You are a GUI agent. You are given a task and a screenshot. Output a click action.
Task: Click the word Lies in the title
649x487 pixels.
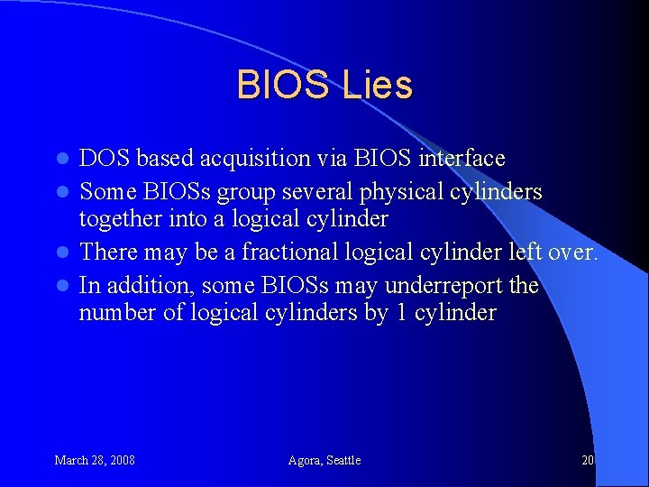[378, 85]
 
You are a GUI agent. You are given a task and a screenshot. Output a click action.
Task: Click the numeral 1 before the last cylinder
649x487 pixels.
[401, 313]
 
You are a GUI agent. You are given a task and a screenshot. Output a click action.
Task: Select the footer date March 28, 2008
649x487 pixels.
[95, 460]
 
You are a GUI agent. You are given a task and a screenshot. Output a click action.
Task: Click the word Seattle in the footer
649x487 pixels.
[343, 460]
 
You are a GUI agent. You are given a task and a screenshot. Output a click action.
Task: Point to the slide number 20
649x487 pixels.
[588, 460]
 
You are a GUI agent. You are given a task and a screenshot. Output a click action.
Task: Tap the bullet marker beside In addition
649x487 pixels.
[62, 287]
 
